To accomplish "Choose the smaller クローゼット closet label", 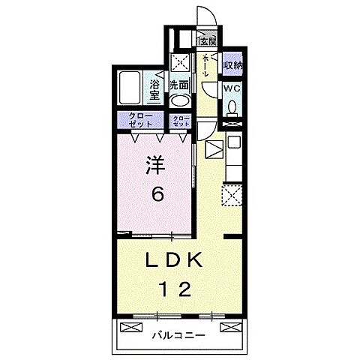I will [x=181, y=121].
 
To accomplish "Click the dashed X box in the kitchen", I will [x=232, y=196].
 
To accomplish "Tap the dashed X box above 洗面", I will [x=180, y=62].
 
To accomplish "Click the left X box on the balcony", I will [x=131, y=328].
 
